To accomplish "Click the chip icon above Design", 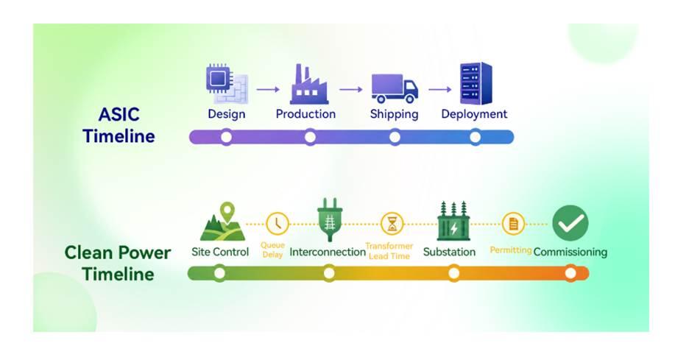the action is tap(227, 83).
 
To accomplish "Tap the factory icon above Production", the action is tap(308, 84).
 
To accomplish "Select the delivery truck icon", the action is tap(394, 88).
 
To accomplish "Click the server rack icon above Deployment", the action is tap(476, 83).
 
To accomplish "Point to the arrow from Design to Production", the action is tap(268, 89).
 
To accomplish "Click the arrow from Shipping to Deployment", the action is tap(440, 89).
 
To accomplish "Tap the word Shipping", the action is tap(394, 114).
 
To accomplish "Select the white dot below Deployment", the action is tap(475, 137).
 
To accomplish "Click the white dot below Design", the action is tap(226, 137).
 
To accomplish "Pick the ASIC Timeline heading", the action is tap(119, 125).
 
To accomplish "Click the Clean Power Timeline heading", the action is tap(118, 263).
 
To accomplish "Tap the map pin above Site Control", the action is tap(227, 212).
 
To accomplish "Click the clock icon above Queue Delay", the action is tap(278, 224).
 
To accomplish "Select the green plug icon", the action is tap(330, 219).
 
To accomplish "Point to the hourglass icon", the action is tap(392, 224).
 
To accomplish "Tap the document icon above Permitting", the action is tap(513, 224).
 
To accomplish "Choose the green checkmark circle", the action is tap(570, 223).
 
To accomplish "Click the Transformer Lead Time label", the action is tap(389, 251).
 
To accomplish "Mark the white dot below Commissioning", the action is tap(570, 273).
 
